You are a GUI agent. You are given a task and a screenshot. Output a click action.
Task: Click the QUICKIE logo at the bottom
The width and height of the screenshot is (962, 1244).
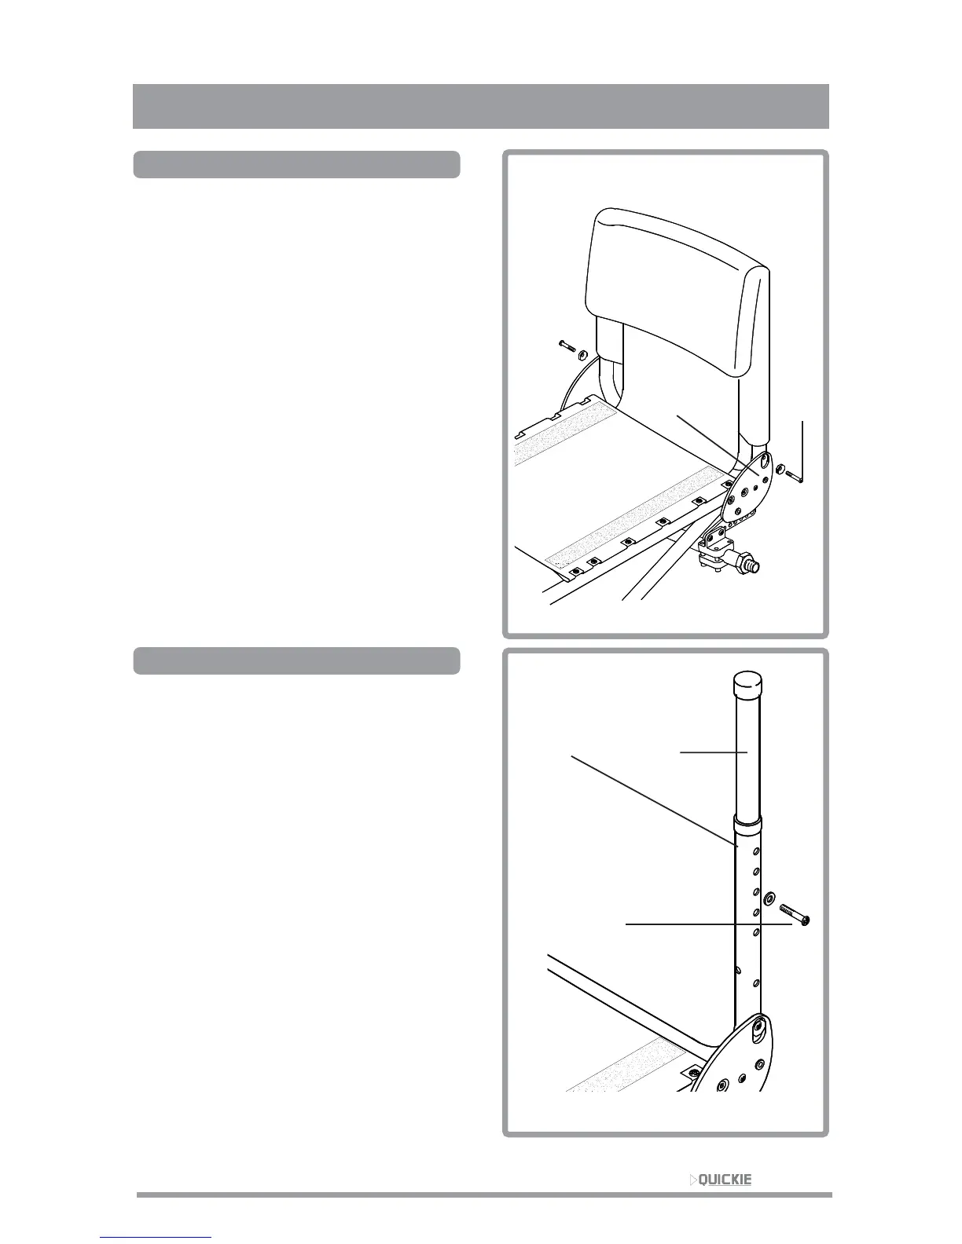click(721, 1180)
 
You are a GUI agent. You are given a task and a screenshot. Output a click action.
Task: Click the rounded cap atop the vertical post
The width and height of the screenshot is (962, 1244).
click(748, 684)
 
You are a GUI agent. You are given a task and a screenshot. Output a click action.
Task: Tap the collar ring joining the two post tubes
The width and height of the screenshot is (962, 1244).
click(748, 826)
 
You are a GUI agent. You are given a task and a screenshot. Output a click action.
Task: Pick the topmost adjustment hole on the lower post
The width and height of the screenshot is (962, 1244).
click(756, 851)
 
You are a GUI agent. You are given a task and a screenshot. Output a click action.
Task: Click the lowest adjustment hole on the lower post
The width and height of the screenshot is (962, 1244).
click(756, 982)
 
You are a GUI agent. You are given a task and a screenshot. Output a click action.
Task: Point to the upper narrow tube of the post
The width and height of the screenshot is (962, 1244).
click(748, 754)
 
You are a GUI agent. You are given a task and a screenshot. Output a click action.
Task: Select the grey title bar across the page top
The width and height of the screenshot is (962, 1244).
click(480, 106)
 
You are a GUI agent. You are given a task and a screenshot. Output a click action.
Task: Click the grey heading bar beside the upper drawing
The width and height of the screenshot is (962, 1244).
click(296, 165)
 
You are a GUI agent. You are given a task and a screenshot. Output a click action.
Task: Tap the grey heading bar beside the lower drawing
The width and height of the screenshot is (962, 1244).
click(296, 661)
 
